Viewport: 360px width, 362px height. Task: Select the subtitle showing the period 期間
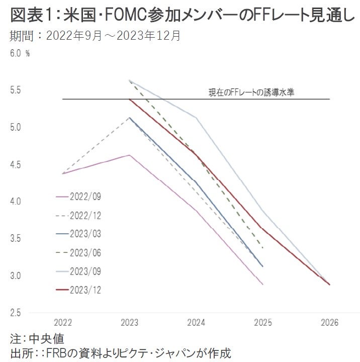96,36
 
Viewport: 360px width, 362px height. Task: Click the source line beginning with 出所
121,351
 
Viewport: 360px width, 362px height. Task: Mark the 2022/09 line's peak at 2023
130,155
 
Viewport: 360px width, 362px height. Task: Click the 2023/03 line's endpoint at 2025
263,266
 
